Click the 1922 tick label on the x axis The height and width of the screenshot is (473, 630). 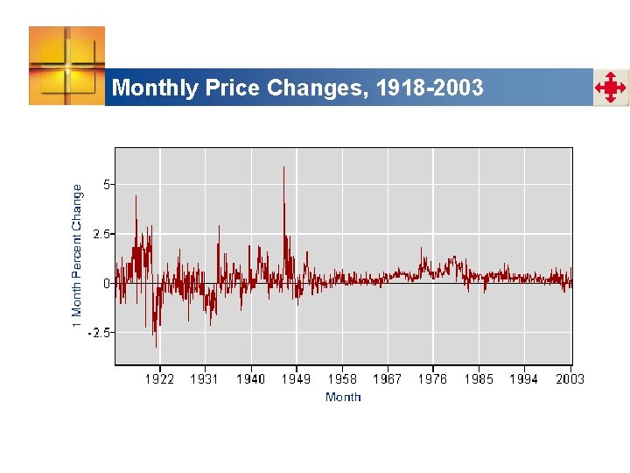click(x=159, y=379)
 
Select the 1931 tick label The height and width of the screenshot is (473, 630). click(x=205, y=379)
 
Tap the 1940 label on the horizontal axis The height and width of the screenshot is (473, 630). click(x=251, y=379)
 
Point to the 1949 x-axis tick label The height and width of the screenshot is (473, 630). click(x=297, y=379)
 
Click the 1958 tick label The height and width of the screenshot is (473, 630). click(x=342, y=379)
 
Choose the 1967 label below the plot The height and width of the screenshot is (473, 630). click(x=388, y=379)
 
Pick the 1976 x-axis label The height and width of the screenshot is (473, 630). click(x=433, y=379)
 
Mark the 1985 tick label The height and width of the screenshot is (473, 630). click(x=479, y=379)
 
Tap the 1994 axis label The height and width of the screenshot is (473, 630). click(x=524, y=379)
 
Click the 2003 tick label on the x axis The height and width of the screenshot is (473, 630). click(x=570, y=379)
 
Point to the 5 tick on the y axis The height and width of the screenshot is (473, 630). click(x=107, y=185)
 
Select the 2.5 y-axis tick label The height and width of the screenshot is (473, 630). click(x=101, y=234)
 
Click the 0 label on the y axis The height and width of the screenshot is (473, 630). click(x=107, y=284)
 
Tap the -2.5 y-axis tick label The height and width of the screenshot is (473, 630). click(x=99, y=333)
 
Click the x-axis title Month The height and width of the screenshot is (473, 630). click(x=343, y=398)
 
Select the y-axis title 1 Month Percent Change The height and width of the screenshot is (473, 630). click(x=77, y=256)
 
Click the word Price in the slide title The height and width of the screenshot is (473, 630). click(x=233, y=88)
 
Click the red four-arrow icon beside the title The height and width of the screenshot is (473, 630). click(x=611, y=88)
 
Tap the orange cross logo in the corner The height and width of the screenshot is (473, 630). click(x=66, y=66)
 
